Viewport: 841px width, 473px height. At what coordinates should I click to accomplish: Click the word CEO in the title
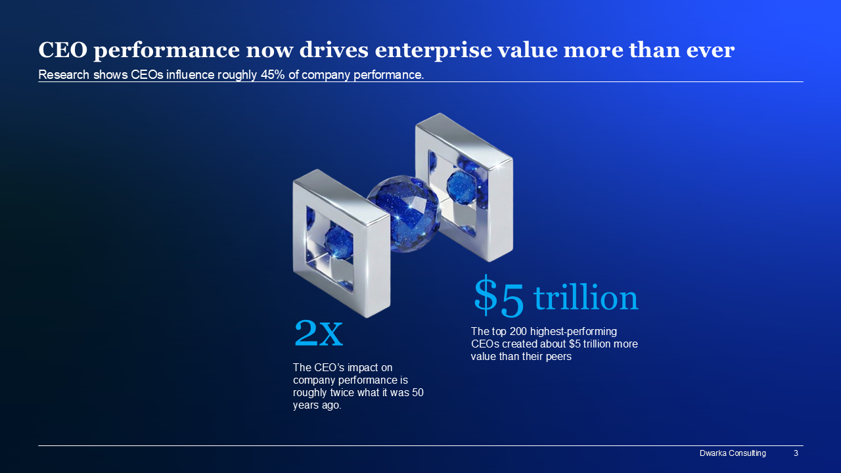pos(63,50)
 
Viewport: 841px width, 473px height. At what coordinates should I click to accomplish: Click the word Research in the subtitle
pos(64,75)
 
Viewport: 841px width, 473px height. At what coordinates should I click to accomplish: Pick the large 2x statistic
pos(319,333)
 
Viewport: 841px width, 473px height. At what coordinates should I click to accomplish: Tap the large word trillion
pos(585,298)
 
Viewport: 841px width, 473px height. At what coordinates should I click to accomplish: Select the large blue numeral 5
pos(512,300)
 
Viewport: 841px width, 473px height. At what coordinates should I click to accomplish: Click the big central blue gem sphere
pos(404,214)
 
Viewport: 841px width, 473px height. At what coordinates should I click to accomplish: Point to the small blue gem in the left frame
pos(338,242)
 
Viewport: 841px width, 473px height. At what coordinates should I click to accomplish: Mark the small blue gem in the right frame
pos(461,187)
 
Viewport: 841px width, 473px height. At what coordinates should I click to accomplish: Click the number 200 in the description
pos(516,332)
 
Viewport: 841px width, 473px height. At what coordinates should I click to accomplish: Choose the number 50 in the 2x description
pos(417,393)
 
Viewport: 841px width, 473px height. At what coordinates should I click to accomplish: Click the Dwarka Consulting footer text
pos(733,453)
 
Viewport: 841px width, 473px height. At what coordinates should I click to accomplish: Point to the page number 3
pos(796,453)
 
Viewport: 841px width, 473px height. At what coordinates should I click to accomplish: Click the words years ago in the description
pos(317,405)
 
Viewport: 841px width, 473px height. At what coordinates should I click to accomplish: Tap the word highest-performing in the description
pos(574,332)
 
